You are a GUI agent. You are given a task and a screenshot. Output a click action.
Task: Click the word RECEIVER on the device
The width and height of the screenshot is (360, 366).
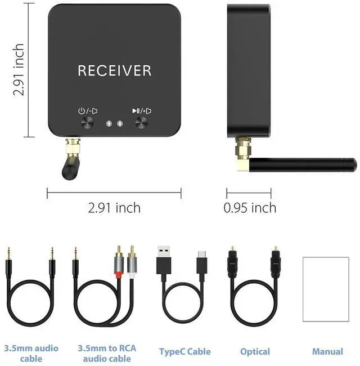(114, 70)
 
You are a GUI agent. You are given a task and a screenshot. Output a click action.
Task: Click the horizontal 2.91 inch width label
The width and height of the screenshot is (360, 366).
(114, 208)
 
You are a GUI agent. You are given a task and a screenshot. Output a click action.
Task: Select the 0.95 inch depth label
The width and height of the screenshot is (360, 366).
(250, 208)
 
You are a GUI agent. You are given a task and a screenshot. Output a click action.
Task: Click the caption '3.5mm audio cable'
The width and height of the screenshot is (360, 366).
(31, 353)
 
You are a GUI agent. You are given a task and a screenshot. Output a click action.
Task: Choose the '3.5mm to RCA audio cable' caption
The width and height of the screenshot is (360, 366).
(107, 353)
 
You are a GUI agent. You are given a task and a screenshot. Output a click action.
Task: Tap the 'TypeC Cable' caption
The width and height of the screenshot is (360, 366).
(184, 352)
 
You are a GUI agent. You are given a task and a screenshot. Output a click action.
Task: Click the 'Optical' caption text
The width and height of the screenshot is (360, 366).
(255, 352)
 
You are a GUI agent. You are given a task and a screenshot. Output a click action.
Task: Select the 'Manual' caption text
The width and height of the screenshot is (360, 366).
(327, 352)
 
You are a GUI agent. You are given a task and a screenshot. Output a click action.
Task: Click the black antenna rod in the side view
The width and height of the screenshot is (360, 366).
(304, 164)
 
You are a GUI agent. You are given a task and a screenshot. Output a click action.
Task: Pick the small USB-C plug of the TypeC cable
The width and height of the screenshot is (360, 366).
(202, 262)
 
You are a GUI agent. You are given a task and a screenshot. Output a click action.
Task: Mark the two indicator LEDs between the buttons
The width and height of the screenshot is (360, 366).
(114, 123)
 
